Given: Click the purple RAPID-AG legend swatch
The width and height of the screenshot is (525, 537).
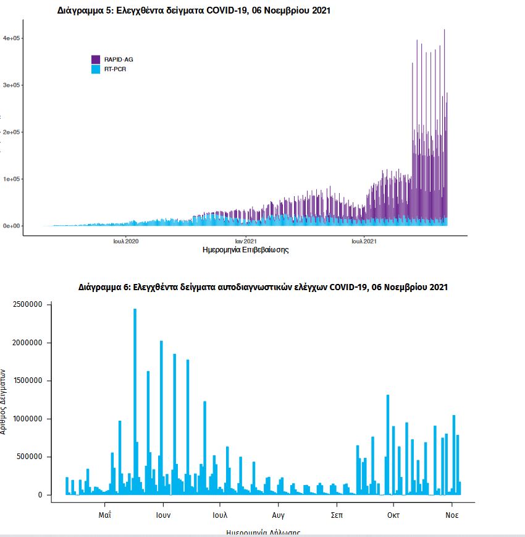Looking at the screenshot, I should coord(96,59).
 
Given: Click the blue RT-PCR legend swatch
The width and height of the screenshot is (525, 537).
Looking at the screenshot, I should coord(96,69).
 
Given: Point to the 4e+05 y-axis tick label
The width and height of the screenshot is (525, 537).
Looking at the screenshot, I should coord(12,38).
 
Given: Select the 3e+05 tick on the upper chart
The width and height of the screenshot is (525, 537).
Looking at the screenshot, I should coord(12,85).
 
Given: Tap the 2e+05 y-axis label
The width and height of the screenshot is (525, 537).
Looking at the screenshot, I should coord(12,132).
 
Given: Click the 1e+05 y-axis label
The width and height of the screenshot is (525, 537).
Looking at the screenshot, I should coord(12,179).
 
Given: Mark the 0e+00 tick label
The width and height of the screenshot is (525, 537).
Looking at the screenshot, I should coord(12,226).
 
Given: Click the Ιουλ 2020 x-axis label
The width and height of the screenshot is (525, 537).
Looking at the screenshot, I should coord(126,241).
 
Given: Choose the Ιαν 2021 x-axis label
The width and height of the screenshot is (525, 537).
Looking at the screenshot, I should coord(246,241).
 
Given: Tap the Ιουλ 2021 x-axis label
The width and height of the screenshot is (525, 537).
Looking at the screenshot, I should coord(364,241).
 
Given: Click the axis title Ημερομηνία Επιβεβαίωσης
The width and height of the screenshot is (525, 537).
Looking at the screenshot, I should coord(246,251).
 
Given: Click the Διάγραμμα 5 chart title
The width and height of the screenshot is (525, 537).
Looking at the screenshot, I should coord(194,11).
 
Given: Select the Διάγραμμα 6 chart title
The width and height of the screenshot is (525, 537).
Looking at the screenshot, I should coord(263,287).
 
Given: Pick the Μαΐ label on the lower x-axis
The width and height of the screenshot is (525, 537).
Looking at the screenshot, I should coord(104,515).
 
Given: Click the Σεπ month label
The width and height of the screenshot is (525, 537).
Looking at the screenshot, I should coord(337,515).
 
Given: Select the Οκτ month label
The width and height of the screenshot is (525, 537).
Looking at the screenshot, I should coord(393,515).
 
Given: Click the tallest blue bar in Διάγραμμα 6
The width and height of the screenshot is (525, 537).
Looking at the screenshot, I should coord(135,402).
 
